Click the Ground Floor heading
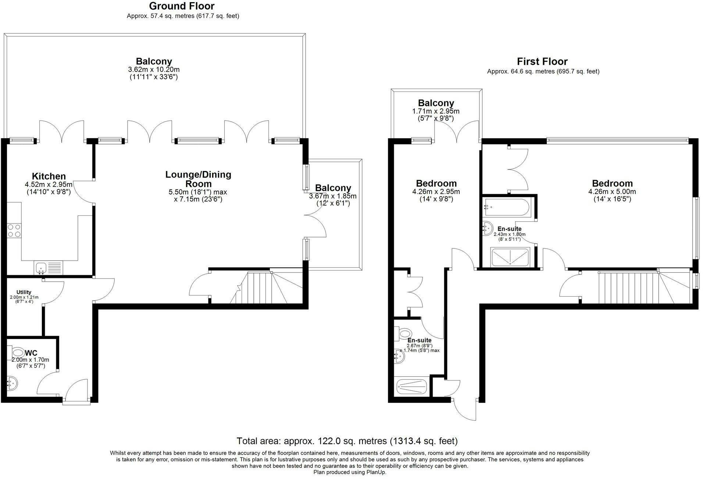pyautogui.click(x=182, y=6)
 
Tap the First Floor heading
pyautogui.click(x=542, y=61)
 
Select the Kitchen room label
pyautogui.click(x=49, y=176)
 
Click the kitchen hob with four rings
pyautogui.click(x=14, y=230)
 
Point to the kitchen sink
pyautogui.click(x=49, y=268)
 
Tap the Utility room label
pyautogui.click(x=24, y=292)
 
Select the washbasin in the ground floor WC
pyautogui.click(x=12, y=383)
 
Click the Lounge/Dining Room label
pyautogui.click(x=198, y=179)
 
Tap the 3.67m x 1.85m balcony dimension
pyautogui.click(x=333, y=196)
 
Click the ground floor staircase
pyautogui.click(x=266, y=287)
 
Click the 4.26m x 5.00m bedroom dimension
pyautogui.click(x=612, y=192)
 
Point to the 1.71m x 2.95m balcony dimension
pyautogui.click(x=436, y=111)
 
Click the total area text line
pyautogui.click(x=347, y=441)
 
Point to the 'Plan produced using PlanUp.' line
pyautogui.click(x=350, y=472)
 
